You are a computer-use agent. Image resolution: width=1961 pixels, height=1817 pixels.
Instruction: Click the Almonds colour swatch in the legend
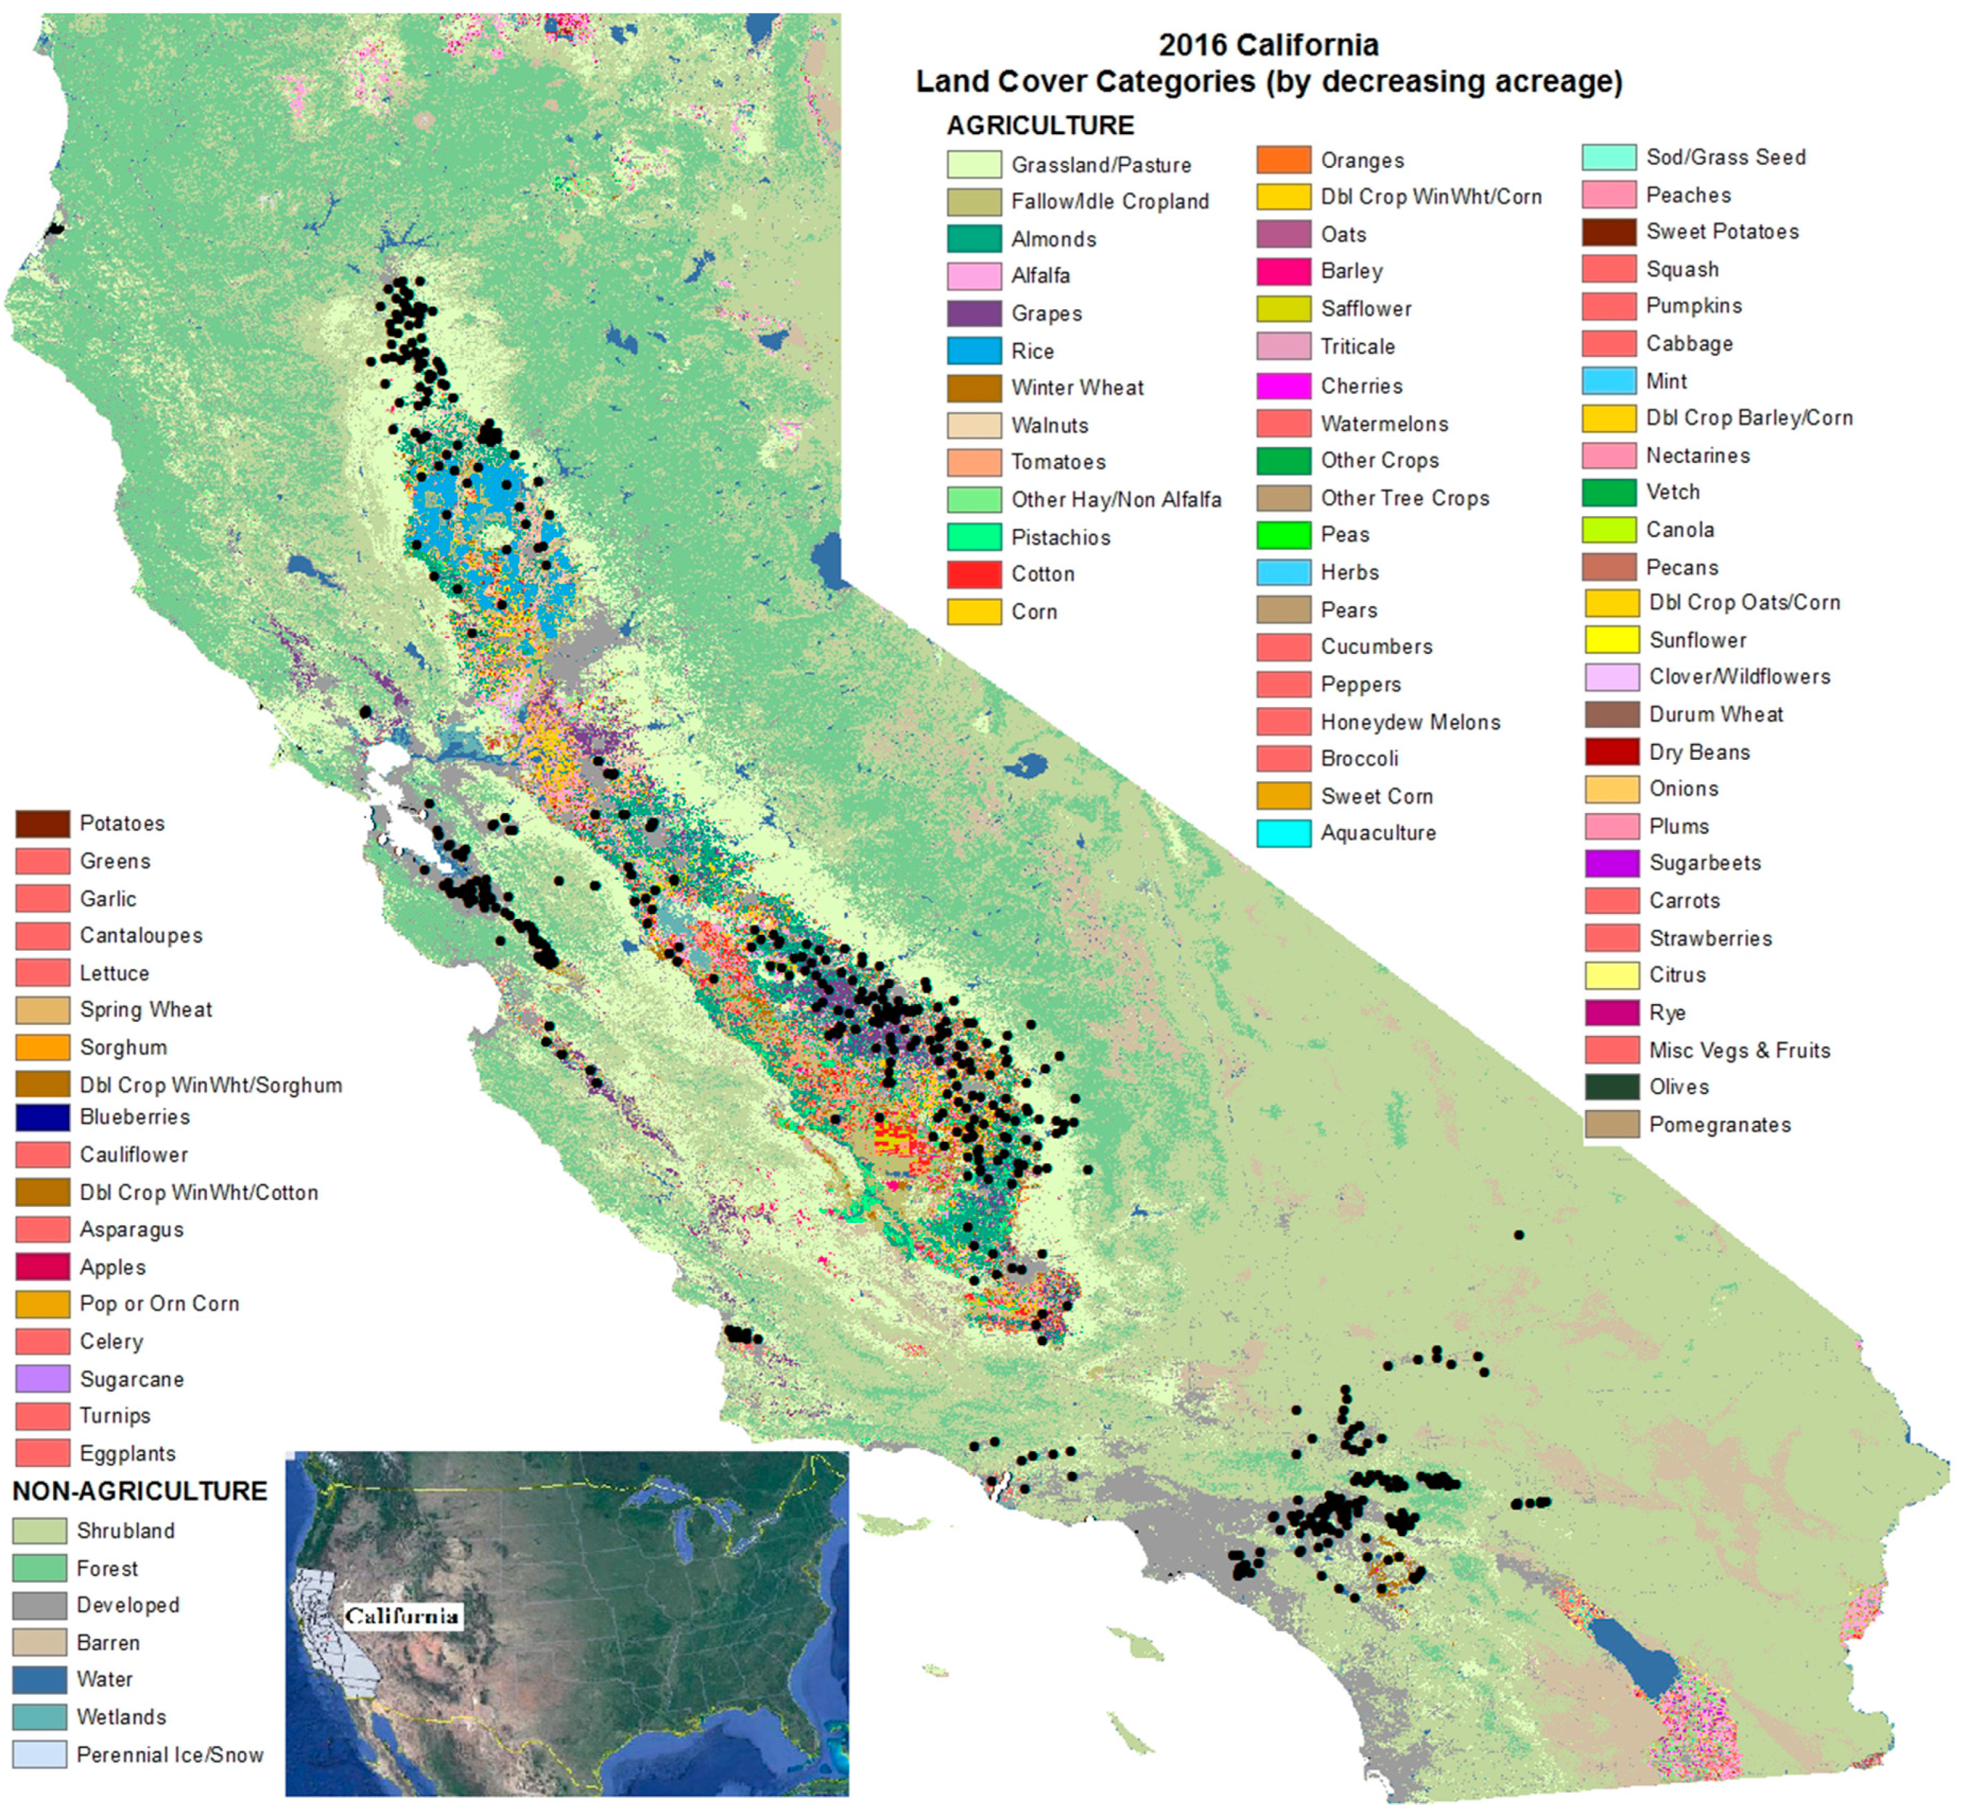(973, 239)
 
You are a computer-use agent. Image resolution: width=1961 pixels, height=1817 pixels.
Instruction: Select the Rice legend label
(1032, 351)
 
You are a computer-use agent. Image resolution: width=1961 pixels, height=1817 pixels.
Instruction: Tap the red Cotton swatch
(973, 574)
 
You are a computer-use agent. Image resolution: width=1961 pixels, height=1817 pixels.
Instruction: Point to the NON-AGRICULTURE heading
(139, 1490)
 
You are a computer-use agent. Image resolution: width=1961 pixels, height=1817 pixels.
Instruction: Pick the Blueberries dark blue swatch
(42, 1118)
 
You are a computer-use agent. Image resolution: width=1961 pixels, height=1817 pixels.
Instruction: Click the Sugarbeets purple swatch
(1611, 863)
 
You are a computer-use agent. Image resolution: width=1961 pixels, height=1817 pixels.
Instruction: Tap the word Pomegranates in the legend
(1719, 1124)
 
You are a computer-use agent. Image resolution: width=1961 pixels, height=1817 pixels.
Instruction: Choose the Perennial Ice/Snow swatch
(40, 1755)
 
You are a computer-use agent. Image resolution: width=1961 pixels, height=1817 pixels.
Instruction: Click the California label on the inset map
(401, 1616)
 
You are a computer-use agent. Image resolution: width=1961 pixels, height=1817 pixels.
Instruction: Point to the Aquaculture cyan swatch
(1283, 833)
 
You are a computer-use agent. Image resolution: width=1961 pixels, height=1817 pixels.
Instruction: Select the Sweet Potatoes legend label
(1722, 232)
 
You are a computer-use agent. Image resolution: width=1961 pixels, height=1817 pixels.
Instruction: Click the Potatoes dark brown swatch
(42, 824)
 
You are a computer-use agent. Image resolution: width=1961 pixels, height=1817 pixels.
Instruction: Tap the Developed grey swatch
(40, 1606)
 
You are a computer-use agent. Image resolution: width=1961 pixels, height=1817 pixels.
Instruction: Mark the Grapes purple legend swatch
(973, 314)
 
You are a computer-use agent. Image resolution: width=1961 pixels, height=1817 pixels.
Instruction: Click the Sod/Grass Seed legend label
(1725, 158)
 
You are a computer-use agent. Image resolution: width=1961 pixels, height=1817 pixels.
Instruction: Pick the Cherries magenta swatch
(1283, 386)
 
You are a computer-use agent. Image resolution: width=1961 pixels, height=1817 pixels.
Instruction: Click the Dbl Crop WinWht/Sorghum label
(211, 1086)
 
